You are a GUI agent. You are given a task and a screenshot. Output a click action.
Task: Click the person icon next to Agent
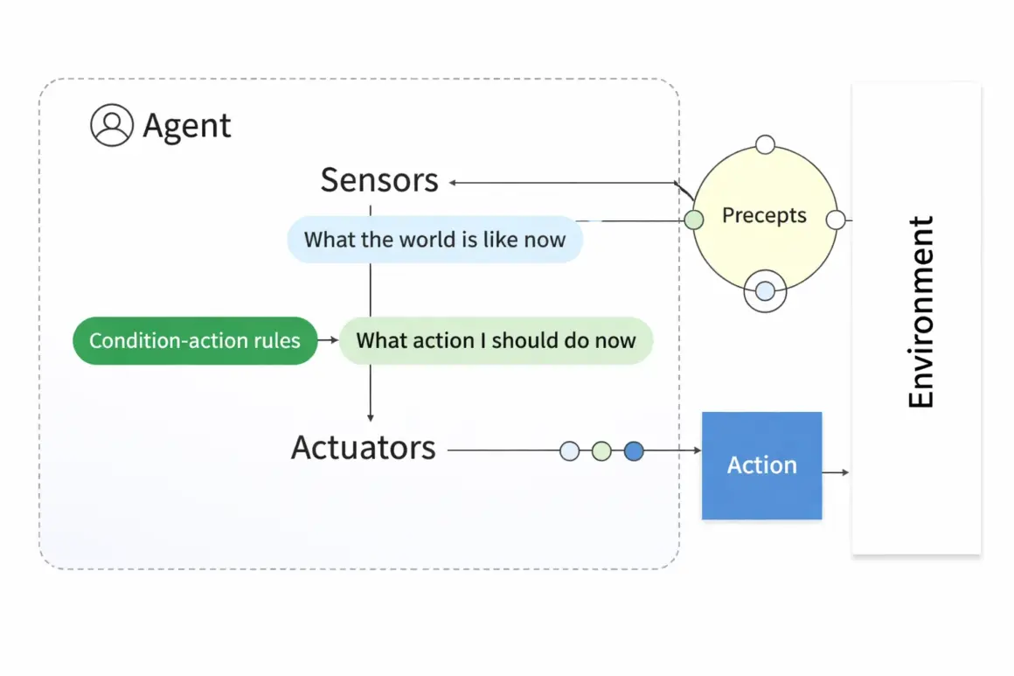(x=112, y=125)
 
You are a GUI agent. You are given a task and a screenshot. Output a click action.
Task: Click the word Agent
(x=187, y=126)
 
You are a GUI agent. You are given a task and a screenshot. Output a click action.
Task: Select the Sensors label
(x=379, y=180)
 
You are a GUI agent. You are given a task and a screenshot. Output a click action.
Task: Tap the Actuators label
(x=363, y=448)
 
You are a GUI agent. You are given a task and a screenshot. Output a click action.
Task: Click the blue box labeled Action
(x=761, y=465)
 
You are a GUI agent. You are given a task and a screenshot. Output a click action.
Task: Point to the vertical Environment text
(x=920, y=312)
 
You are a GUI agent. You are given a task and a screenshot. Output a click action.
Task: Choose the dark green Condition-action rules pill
(x=195, y=340)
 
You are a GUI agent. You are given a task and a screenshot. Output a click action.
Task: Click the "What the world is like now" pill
(x=434, y=240)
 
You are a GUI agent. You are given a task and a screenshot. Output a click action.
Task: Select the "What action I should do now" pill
(x=496, y=340)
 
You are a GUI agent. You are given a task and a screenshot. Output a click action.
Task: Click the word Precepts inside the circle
(x=764, y=216)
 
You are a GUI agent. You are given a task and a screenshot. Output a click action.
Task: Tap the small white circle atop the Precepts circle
(x=765, y=144)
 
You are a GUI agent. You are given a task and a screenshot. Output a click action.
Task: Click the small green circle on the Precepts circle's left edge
(x=694, y=220)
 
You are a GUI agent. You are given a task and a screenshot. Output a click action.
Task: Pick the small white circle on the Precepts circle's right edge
(x=836, y=220)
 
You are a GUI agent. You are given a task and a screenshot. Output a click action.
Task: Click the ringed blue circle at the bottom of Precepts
(x=765, y=292)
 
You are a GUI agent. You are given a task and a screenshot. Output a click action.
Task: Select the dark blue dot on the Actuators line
(x=634, y=451)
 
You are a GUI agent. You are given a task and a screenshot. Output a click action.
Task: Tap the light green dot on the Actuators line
(x=601, y=451)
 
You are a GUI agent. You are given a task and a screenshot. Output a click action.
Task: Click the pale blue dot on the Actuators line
(x=569, y=451)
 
